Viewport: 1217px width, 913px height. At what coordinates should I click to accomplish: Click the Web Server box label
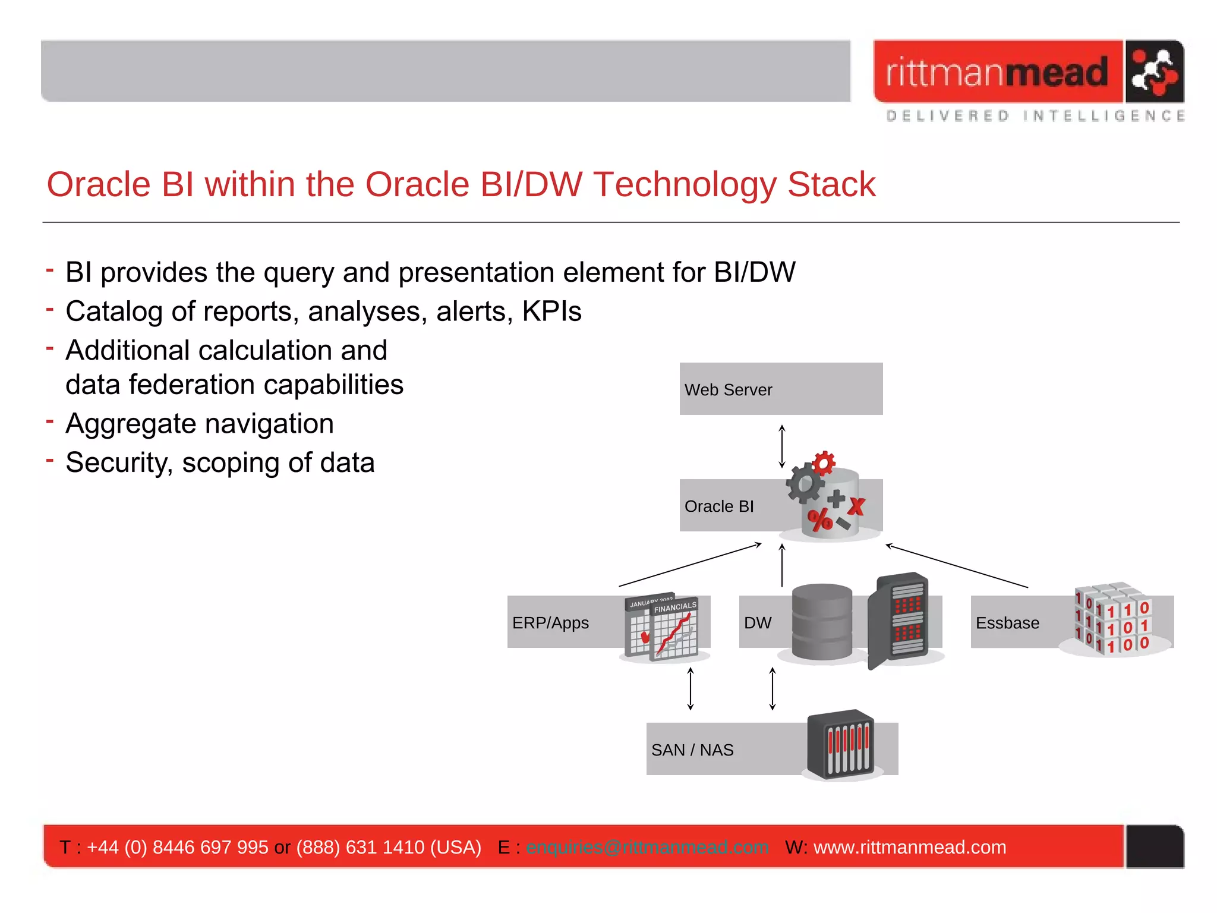[x=728, y=390]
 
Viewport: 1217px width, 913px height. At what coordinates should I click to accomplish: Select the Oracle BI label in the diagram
[x=719, y=506]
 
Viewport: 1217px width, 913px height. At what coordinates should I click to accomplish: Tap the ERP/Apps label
[x=550, y=623]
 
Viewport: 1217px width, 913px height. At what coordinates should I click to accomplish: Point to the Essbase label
[x=1007, y=623]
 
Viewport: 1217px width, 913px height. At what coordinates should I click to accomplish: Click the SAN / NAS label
[x=692, y=750]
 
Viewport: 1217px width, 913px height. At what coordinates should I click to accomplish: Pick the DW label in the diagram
[x=758, y=623]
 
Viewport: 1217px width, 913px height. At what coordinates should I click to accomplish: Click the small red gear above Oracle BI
[x=824, y=462]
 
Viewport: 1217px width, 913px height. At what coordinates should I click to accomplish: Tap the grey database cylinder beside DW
[x=822, y=622]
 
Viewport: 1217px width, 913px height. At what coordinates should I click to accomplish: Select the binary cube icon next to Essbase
[x=1112, y=619]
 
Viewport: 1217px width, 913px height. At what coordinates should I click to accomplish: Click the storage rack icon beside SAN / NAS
[x=841, y=744]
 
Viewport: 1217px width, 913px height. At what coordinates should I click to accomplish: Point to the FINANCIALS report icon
[x=674, y=629]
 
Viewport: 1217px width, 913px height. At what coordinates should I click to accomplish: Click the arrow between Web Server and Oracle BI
[x=782, y=446]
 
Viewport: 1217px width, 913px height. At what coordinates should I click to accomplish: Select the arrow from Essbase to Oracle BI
[x=956, y=566]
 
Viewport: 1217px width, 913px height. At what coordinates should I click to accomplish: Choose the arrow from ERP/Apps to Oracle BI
[x=690, y=565]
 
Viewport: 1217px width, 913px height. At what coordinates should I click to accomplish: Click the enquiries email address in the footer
[x=647, y=847]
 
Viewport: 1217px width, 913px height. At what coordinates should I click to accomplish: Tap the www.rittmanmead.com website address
[x=910, y=847]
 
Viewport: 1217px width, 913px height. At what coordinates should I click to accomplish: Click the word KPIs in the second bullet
[x=551, y=311]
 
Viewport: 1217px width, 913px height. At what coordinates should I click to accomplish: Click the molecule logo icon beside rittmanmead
[x=1153, y=72]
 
